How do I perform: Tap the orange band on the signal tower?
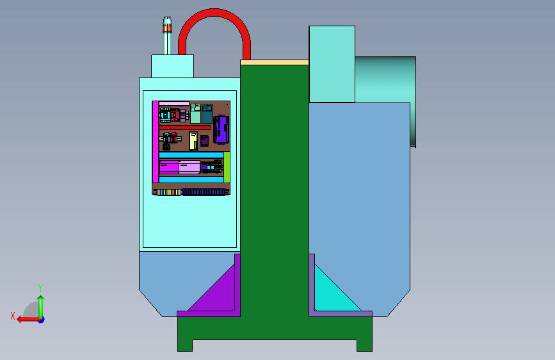[x=168, y=28]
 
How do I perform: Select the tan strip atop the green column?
[x=275, y=62]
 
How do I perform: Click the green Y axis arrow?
[x=41, y=306]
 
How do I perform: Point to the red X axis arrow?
[x=28, y=320]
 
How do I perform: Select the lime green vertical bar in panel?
[x=227, y=167]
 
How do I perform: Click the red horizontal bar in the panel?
[x=185, y=127]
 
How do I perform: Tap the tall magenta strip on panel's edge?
[x=155, y=142]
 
